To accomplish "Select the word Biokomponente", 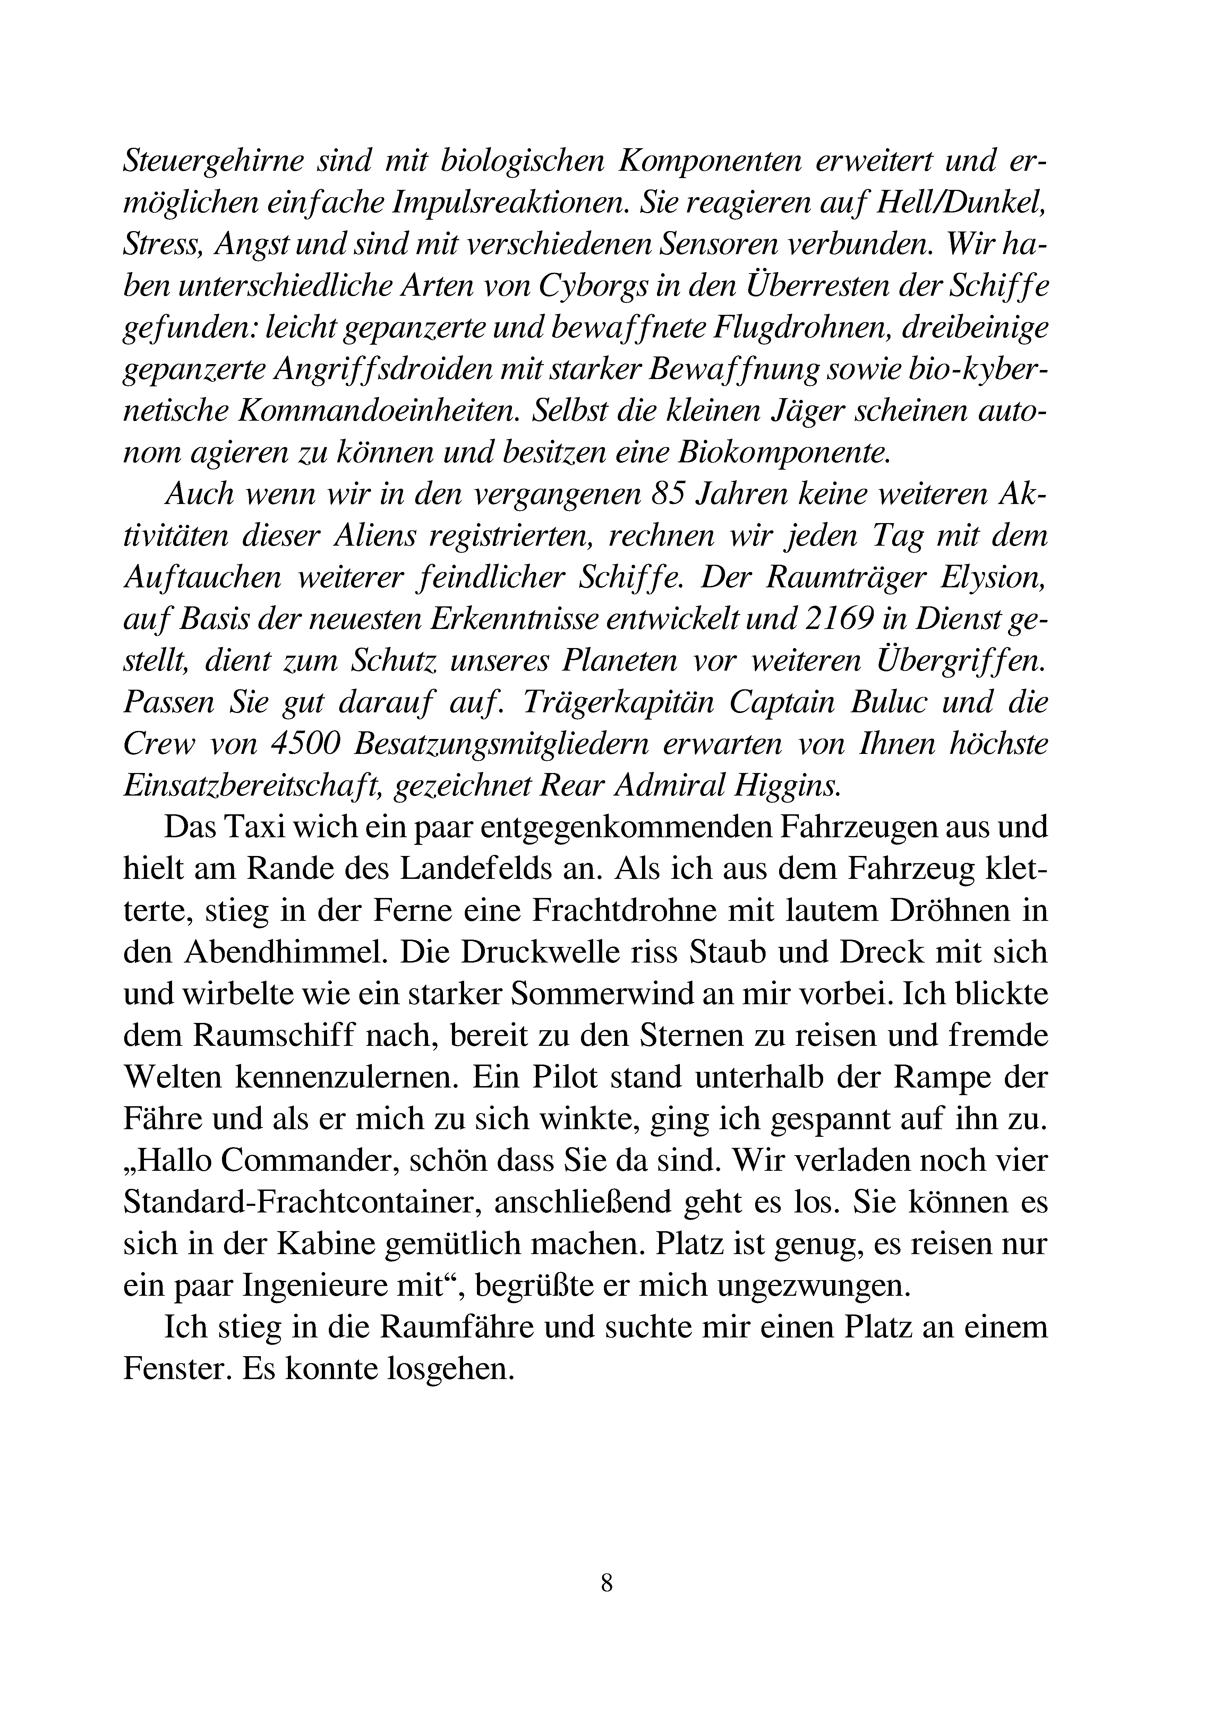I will [782, 454].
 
